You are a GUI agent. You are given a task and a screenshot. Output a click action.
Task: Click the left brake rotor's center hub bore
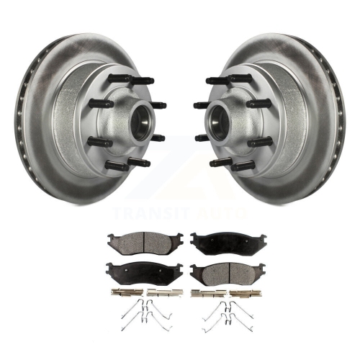point(141,123)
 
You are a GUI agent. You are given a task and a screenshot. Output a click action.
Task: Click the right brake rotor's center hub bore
point(219,123)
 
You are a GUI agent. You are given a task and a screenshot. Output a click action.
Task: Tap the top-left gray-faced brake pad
point(145,243)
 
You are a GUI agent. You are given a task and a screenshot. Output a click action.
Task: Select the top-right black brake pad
point(228,243)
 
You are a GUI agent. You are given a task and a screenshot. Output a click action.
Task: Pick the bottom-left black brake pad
point(145,274)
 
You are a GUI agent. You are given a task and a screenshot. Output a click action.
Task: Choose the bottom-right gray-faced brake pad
point(228,274)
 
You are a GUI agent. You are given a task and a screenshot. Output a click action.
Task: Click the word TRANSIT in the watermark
point(152,213)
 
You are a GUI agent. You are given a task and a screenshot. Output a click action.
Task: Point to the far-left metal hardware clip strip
point(127,293)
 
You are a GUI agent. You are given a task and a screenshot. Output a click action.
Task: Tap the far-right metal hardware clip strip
point(246,293)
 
